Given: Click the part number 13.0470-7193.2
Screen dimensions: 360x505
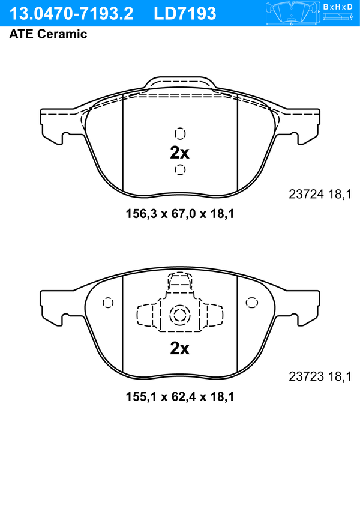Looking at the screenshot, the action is pos(71,14).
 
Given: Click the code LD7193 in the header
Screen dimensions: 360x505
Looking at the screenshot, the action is pos(185,14).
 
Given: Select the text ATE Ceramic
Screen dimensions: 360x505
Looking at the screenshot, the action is pos(48,34).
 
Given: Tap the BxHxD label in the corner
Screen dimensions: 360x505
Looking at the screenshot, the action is pos(338,7).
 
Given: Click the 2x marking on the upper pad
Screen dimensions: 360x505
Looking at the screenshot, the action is pos(179,153).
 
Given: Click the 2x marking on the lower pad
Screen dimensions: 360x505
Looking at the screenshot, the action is pos(179,348).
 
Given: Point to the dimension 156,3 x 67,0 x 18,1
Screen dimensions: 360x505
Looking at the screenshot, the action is pos(180,214).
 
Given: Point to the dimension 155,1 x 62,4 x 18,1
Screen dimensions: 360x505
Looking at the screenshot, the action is pos(180,396).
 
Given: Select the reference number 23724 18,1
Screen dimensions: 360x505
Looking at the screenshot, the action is pos(320,194).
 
